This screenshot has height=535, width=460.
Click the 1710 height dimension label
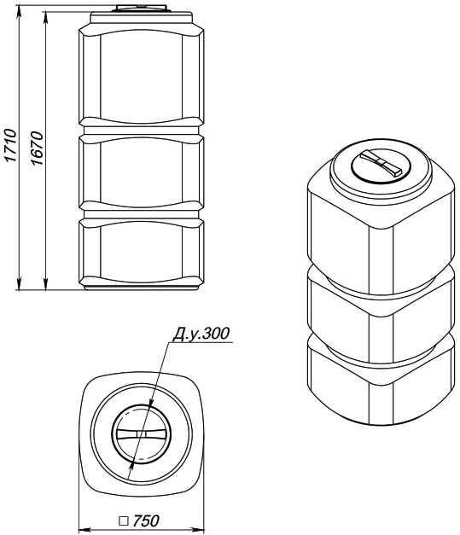10,145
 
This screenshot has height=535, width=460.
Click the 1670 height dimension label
37,148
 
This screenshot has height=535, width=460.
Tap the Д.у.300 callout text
201,334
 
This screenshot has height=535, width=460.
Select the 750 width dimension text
146,520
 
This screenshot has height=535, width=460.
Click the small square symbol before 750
123,521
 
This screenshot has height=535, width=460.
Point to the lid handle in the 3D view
381,163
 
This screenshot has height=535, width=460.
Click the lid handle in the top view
141,433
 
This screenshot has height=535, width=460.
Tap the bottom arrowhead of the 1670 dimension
45,284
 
